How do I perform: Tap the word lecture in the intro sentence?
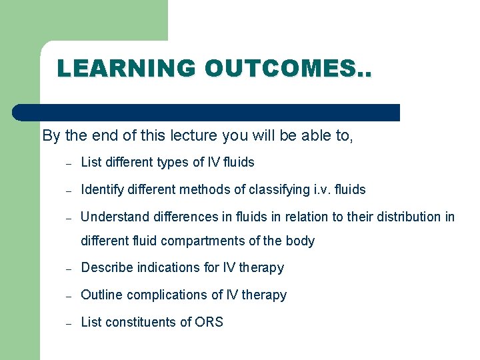[185, 136]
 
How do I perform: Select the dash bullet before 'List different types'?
[68, 163]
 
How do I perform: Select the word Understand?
[112, 217]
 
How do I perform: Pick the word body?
[301, 241]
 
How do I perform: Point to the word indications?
[164, 268]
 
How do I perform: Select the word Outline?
[101, 295]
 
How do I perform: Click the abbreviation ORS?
[209, 322]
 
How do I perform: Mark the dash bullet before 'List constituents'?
[68, 323]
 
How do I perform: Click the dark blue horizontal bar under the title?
[207, 113]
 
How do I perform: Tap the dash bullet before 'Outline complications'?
[68, 296]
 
